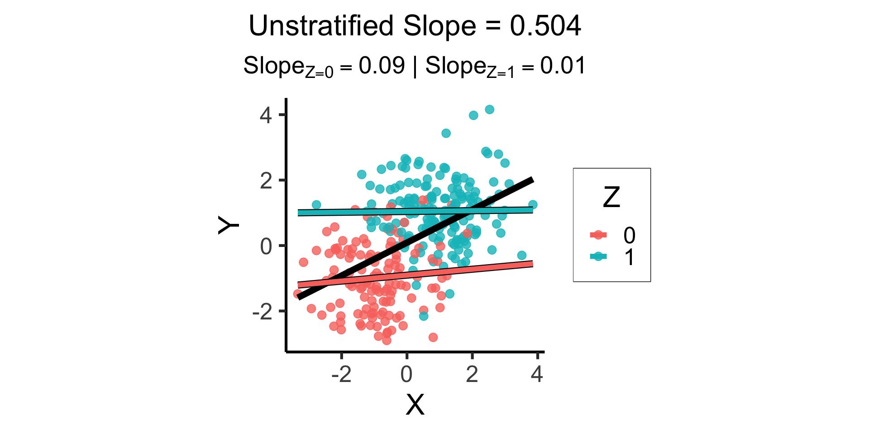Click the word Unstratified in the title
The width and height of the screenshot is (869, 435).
point(321,26)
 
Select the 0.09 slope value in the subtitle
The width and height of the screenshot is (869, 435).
point(382,66)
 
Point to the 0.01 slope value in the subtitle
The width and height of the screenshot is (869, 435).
point(563,66)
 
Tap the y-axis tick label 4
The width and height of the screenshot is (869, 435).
point(266,115)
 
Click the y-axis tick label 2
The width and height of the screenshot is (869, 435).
point(266,181)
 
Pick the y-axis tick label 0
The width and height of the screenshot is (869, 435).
point(266,246)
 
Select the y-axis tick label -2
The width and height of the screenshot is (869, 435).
point(263,312)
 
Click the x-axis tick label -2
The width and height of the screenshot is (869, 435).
point(341,374)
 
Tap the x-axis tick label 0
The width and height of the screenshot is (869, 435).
point(406,374)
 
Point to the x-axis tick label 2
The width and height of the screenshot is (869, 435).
point(472,374)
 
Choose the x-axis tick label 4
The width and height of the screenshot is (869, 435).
point(537,374)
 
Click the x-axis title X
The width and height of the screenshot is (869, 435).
point(415,405)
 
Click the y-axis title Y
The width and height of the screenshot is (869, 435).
point(229,225)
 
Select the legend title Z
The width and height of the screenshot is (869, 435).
point(611,198)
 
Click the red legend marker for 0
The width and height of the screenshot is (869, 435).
point(599,235)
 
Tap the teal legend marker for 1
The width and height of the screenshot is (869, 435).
point(599,256)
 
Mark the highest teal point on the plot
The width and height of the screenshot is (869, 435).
point(489,110)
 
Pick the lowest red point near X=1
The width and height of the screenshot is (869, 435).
point(433,337)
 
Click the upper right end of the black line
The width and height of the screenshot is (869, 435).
point(532,180)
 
